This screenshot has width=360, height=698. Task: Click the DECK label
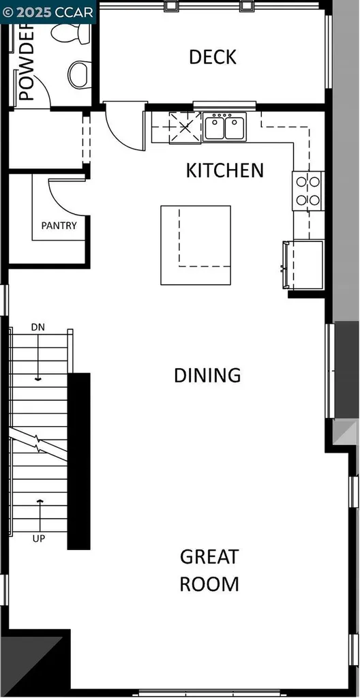(x=213, y=57)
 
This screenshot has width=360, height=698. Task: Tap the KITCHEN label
(x=224, y=170)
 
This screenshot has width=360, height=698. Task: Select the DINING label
(x=207, y=375)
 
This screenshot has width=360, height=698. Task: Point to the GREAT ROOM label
(x=209, y=570)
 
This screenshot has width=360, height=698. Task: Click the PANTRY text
(x=59, y=226)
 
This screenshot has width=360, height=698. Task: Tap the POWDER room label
(x=26, y=65)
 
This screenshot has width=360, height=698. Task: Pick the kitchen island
(x=195, y=245)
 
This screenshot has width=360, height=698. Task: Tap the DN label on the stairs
(x=38, y=327)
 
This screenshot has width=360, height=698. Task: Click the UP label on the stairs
(x=38, y=538)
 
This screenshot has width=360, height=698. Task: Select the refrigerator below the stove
(x=305, y=266)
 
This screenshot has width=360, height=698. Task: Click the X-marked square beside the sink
(x=185, y=127)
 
